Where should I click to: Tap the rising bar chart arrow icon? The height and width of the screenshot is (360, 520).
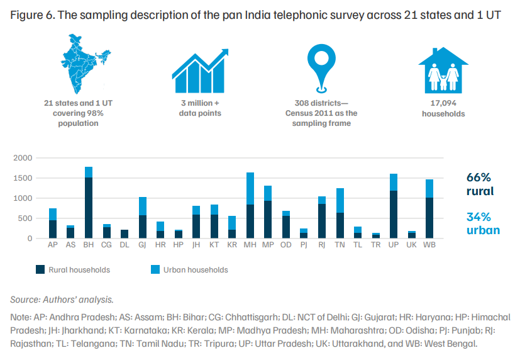coord(200,71)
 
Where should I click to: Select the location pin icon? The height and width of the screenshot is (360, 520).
coord(321,69)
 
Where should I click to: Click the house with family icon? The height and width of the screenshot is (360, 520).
coord(443,70)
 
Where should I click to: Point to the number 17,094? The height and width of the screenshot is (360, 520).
coord(443,103)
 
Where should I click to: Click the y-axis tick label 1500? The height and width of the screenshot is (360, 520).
coord(23,178)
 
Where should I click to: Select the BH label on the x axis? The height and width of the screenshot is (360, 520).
coord(89,245)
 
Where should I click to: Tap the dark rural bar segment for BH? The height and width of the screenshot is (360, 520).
coord(89,208)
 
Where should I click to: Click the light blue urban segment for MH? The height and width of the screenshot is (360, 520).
coord(250,188)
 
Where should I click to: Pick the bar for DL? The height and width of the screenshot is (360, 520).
coord(124,234)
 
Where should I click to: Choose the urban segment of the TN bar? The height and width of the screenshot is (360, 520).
coord(340,200)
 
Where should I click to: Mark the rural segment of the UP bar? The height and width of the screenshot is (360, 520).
coord(394,215)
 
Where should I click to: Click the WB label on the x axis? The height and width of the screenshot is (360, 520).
coord(429,245)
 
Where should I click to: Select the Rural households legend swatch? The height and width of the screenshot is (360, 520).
coord(40,269)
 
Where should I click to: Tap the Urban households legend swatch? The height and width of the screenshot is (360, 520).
coord(155,269)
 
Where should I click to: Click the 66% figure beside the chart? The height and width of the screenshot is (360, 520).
coord(479,177)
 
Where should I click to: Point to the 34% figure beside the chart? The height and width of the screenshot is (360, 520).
coord(479,217)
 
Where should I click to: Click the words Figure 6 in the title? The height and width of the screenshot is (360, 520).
coord(32,15)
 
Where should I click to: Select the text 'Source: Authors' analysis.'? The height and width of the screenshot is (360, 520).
coord(62,300)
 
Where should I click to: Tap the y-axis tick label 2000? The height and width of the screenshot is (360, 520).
coord(23,158)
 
